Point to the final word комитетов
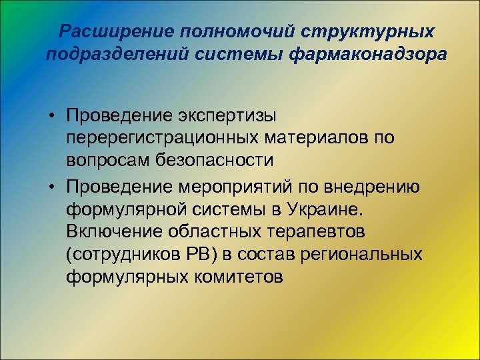236,277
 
